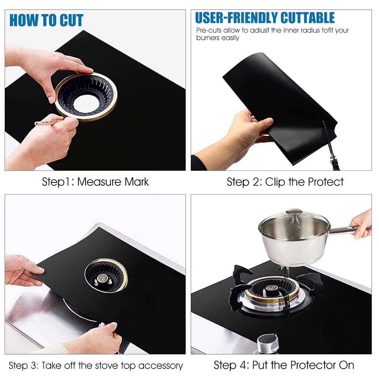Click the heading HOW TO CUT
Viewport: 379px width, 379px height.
(46, 20)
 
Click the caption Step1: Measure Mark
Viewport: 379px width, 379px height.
(95, 182)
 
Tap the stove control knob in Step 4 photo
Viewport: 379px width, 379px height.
(268, 343)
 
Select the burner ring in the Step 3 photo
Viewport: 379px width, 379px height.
(106, 275)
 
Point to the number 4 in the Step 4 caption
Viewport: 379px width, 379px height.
(243, 365)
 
